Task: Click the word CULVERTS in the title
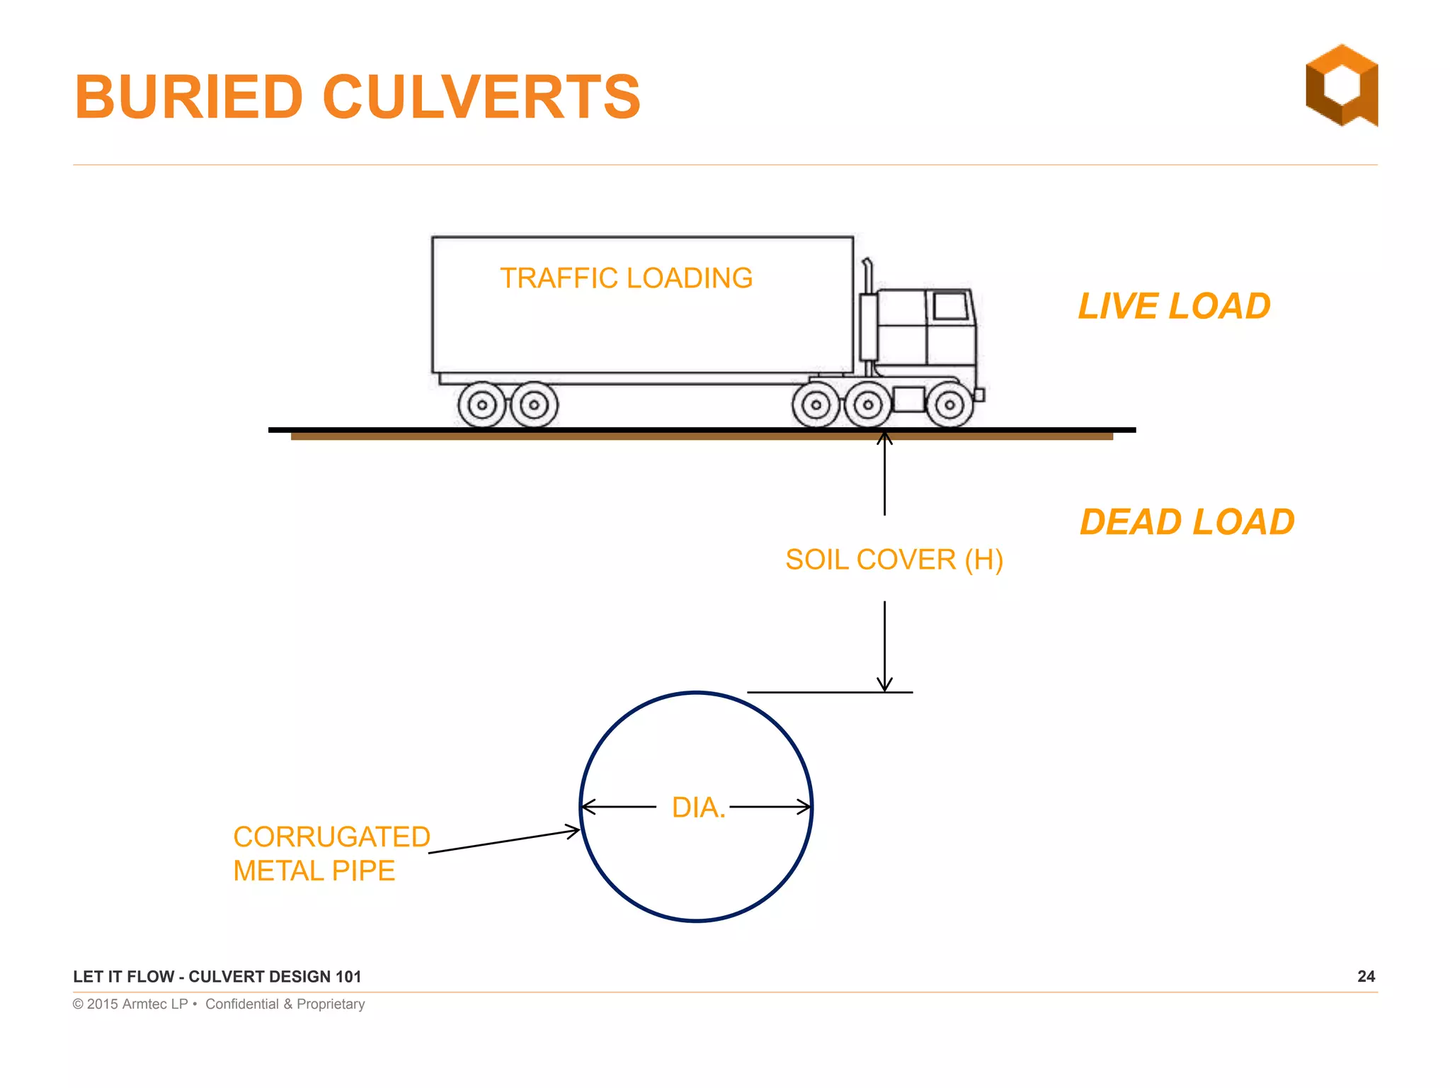pos(481,97)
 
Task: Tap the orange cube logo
pos(1342,85)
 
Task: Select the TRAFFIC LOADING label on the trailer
pos(626,278)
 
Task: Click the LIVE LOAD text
pos(1174,306)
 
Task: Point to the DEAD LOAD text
pos(1187,522)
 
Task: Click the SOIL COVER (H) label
pos(894,560)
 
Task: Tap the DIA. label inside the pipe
pos(698,807)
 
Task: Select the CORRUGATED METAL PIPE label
pos(331,854)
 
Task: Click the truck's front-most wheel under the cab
pos(949,405)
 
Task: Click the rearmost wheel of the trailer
pos(482,405)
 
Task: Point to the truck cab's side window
pos(950,306)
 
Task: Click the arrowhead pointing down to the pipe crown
pos(884,684)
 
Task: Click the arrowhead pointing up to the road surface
pos(884,438)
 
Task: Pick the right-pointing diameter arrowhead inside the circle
pos(804,807)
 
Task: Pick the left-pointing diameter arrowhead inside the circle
pos(588,807)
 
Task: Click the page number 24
pos(1366,976)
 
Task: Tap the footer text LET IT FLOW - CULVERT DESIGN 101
pos(217,977)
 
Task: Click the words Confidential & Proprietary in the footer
pos(285,1004)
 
